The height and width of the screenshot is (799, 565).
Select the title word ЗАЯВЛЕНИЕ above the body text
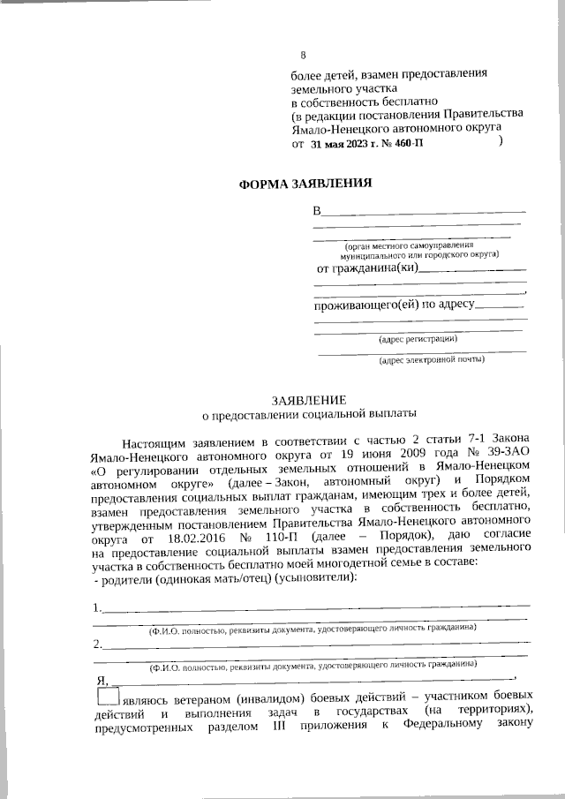pyautogui.click(x=308, y=399)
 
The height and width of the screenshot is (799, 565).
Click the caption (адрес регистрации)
pyautogui.click(x=417, y=338)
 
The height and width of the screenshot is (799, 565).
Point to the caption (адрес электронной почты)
pyautogui.click(x=432, y=359)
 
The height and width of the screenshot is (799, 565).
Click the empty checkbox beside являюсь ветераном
pyautogui.click(x=103, y=697)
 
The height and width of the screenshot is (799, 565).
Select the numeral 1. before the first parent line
pyautogui.click(x=97, y=608)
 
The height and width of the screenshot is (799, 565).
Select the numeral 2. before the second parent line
pyautogui.click(x=97, y=644)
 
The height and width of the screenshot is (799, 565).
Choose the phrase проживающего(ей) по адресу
pyautogui.click(x=395, y=305)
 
